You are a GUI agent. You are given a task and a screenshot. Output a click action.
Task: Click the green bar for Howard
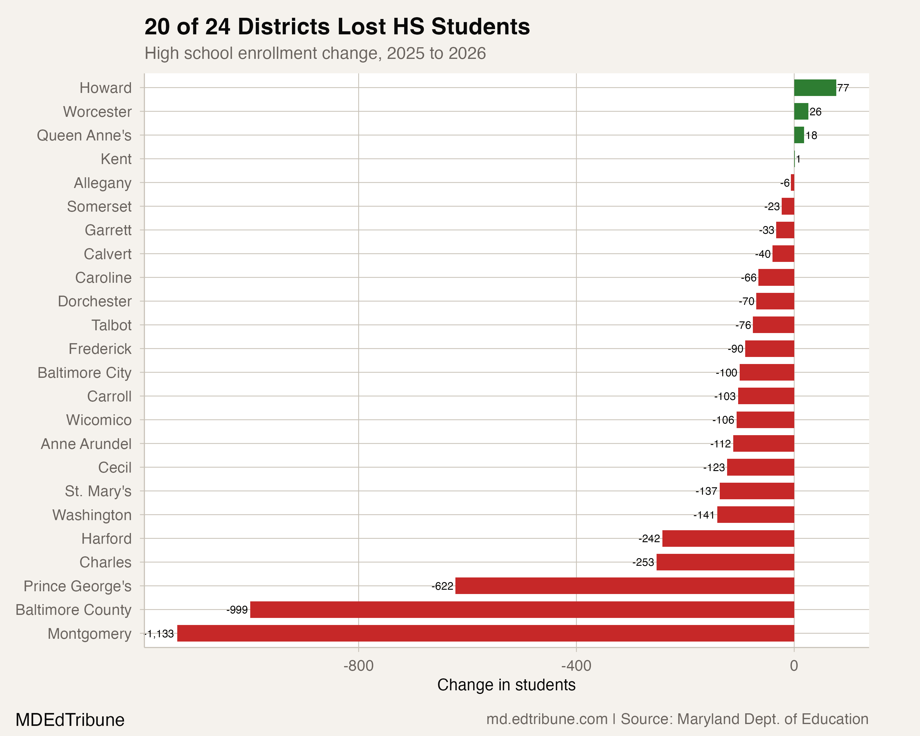click(815, 88)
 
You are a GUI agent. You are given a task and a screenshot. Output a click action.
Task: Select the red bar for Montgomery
click(485, 633)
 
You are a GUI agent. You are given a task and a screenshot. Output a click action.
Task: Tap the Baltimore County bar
click(522, 609)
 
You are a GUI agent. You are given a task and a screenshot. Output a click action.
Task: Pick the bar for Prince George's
click(624, 585)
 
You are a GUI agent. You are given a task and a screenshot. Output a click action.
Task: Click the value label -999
click(237, 610)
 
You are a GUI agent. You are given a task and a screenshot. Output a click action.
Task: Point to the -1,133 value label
click(159, 634)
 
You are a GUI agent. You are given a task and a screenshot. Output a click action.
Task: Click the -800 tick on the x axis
click(358, 665)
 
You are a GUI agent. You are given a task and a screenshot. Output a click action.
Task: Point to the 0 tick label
click(794, 665)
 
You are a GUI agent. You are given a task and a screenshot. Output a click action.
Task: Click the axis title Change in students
click(506, 685)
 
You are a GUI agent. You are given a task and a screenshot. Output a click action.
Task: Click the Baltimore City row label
click(85, 373)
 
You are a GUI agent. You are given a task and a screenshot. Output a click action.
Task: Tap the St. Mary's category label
click(98, 491)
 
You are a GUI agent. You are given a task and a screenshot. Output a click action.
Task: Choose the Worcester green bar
click(801, 111)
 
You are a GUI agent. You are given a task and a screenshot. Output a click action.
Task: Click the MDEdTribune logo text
click(70, 720)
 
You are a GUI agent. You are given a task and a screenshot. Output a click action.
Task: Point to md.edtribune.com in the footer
click(546, 719)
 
